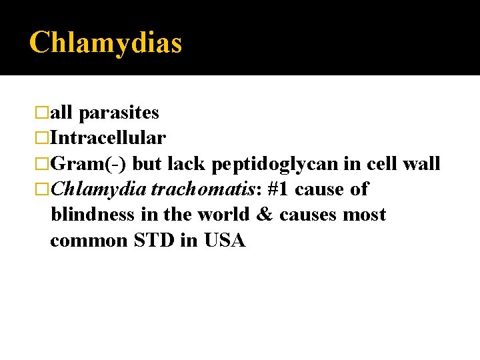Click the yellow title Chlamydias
[105, 43]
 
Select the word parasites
[119, 113]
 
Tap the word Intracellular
[108, 139]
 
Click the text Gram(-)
[89, 164]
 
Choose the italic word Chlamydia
[98, 189]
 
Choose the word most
[365, 215]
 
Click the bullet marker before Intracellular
[43, 139]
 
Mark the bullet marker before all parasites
[43, 113]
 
